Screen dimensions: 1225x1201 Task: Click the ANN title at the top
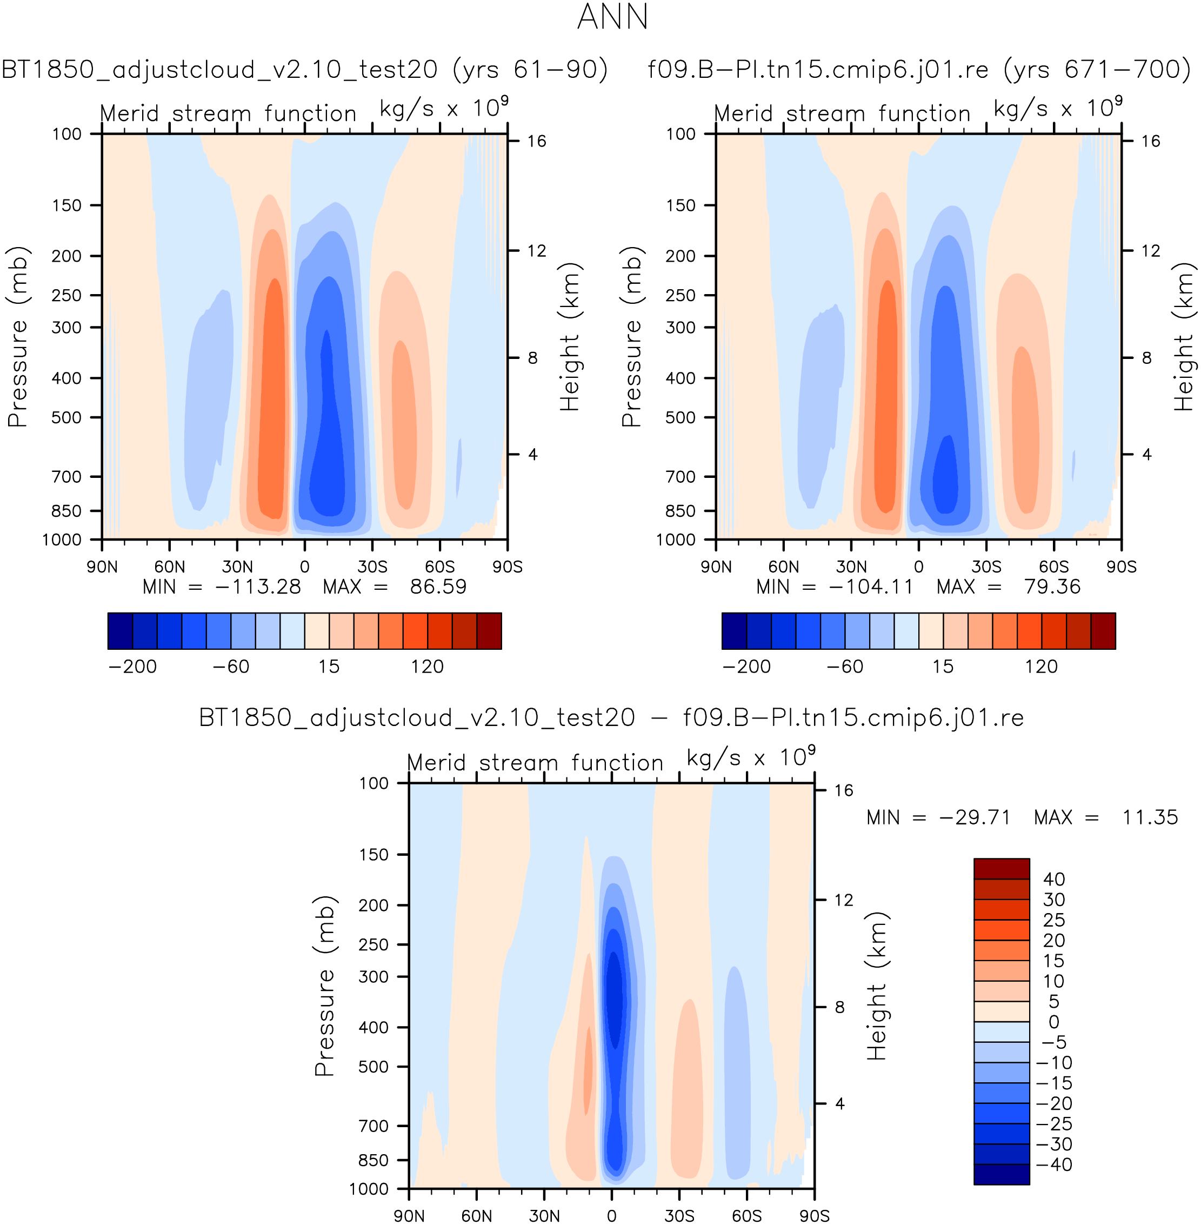[x=612, y=17]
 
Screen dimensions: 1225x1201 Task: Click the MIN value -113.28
[x=258, y=587]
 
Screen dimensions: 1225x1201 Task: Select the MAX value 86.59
[x=438, y=587]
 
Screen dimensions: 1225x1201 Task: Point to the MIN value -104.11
[x=871, y=587]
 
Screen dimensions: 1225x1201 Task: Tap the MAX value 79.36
[x=1052, y=587]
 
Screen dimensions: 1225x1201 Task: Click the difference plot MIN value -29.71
[x=975, y=817]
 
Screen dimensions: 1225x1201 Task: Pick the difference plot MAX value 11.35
[x=1149, y=817]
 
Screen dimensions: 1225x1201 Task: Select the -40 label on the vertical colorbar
[x=1054, y=1164]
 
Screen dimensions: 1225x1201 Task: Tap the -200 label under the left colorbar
[x=132, y=667]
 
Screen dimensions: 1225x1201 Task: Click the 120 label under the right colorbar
[x=1041, y=667]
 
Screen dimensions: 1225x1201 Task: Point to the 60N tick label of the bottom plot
[x=476, y=1215]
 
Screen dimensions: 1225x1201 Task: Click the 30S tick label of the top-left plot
[x=372, y=567]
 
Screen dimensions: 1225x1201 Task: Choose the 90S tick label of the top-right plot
[x=1121, y=567]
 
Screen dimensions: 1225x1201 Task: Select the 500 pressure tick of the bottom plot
[x=374, y=1067]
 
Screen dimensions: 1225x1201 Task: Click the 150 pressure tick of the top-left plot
[x=67, y=205]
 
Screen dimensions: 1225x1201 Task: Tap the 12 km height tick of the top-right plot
[x=1151, y=251]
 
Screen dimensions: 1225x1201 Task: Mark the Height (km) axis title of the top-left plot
[x=570, y=337]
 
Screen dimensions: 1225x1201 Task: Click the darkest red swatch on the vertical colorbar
[x=1001, y=869]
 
